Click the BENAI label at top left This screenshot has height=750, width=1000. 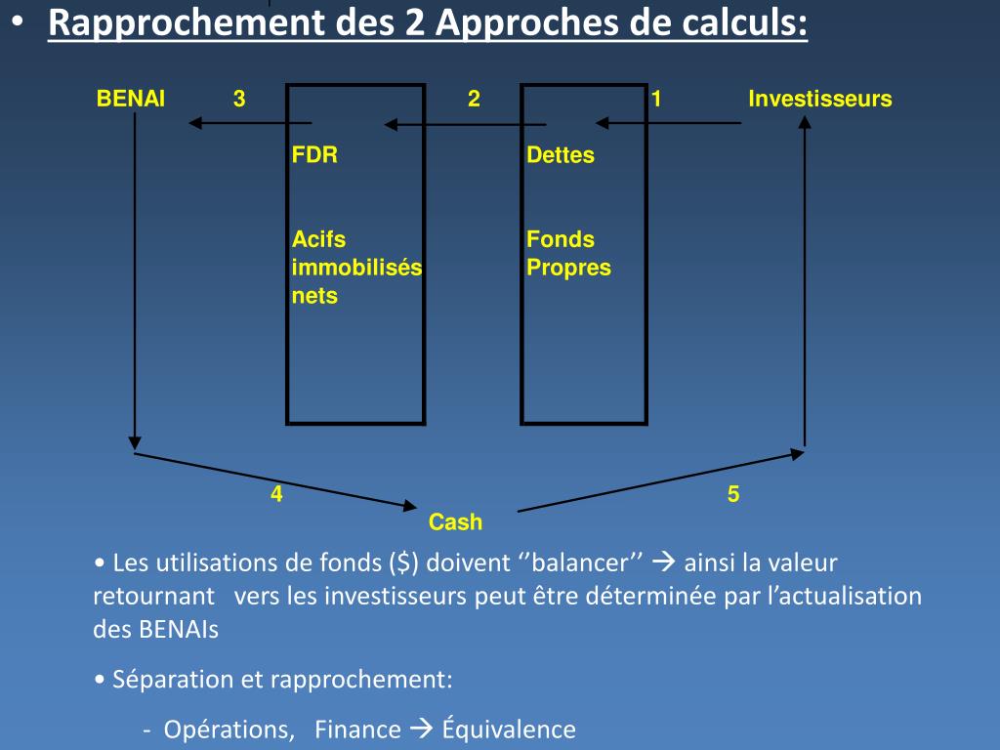[131, 99]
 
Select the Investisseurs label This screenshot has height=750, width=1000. [819, 99]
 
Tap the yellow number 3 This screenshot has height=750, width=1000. [239, 99]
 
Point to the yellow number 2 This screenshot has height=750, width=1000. [474, 99]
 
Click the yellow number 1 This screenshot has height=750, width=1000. [657, 99]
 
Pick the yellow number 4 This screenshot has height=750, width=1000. [277, 494]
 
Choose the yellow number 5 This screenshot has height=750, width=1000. [733, 495]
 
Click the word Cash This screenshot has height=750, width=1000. [455, 522]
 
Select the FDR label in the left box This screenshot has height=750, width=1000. [314, 154]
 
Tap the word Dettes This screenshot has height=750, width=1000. [561, 154]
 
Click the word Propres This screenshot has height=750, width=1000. [568, 268]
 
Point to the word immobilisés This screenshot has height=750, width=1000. [356, 268]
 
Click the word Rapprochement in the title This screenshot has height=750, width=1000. [185, 23]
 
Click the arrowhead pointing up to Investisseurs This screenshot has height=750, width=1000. [805, 123]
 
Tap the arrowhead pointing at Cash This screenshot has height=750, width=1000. [409, 505]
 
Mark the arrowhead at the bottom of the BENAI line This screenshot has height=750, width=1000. [135, 441]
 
